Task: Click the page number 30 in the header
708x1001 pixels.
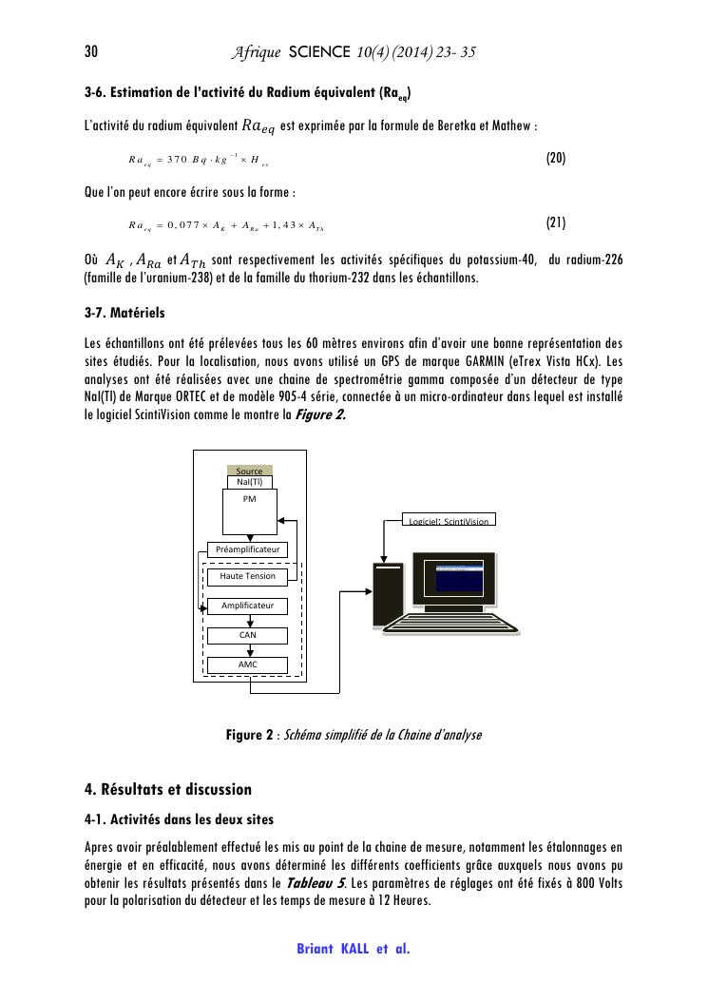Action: (92, 51)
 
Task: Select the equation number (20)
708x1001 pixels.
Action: (556, 158)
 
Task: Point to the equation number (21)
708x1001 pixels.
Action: (556, 223)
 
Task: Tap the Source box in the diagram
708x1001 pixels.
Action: (250, 471)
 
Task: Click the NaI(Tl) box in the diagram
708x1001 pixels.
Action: (250, 482)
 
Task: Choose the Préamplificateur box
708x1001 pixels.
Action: (247, 549)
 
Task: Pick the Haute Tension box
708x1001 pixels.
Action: (247, 576)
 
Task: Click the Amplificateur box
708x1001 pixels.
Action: (247, 606)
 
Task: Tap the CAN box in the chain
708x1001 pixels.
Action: (247, 635)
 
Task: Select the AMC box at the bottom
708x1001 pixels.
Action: (247, 664)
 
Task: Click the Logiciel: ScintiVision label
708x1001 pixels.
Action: (451, 521)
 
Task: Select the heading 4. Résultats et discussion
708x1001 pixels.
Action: (167, 789)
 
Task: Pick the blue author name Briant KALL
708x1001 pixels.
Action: (333, 949)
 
